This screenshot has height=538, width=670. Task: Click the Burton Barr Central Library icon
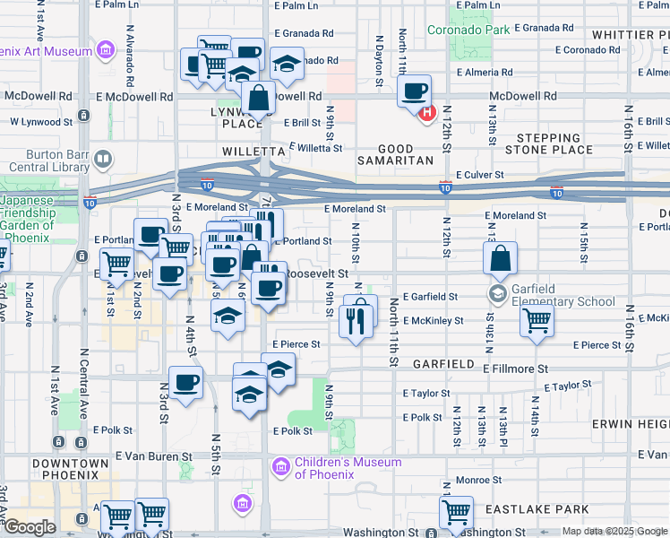(103, 161)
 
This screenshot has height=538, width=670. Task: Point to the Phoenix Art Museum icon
(106, 50)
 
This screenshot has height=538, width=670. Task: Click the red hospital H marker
(427, 113)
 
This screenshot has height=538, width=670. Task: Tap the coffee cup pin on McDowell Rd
(414, 92)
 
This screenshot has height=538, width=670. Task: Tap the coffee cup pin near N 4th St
(186, 383)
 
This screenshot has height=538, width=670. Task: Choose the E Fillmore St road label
(515, 369)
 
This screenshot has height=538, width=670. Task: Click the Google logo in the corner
(30, 527)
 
